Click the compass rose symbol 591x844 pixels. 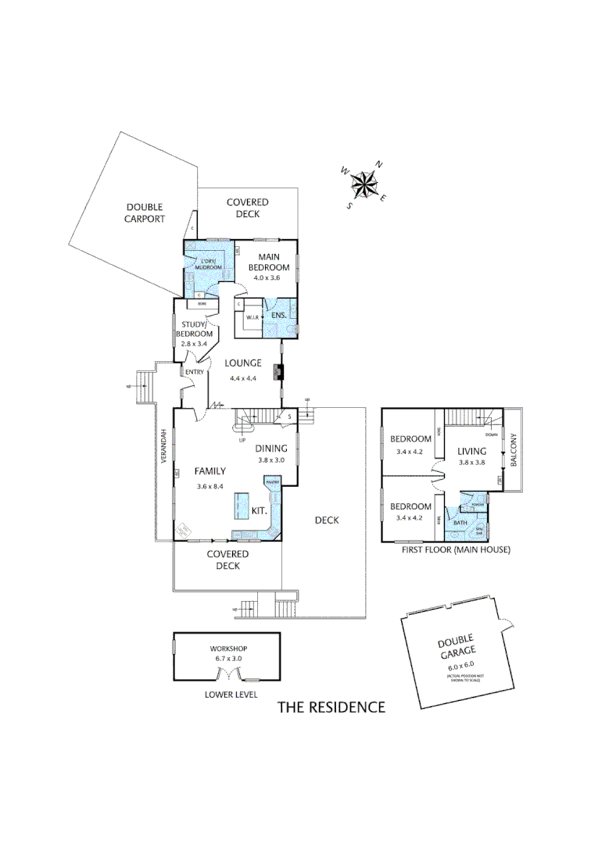tap(364, 184)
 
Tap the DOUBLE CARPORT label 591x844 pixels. tap(145, 213)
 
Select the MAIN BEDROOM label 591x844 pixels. tap(270, 262)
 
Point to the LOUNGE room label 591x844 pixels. tap(243, 363)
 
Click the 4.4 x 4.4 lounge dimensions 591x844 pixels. tap(243, 378)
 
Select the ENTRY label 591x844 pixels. tap(194, 372)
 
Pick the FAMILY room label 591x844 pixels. tap(211, 470)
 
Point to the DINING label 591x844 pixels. tap(271, 448)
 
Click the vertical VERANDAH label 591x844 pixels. tap(164, 446)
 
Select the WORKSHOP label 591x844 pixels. tap(229, 649)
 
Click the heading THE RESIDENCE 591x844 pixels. tap(332, 707)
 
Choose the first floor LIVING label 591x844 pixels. tap(472, 450)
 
